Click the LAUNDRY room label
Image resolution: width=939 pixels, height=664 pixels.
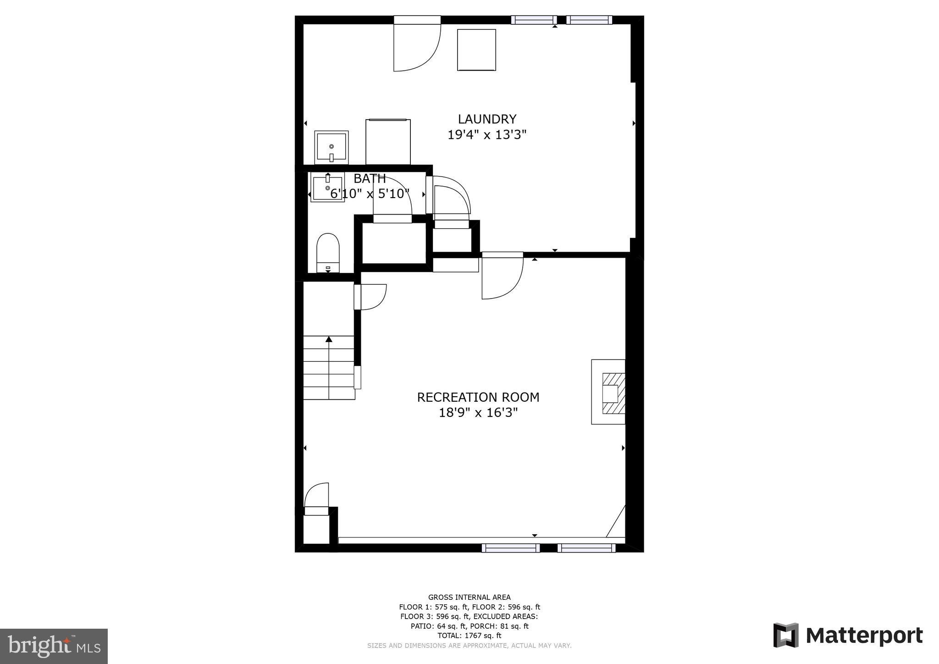[x=487, y=119]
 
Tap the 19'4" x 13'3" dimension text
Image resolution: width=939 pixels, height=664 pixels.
[x=487, y=135]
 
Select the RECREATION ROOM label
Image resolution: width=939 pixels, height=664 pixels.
[x=478, y=397]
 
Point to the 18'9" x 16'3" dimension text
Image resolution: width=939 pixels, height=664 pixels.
[x=478, y=413]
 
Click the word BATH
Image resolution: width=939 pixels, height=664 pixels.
[x=370, y=178]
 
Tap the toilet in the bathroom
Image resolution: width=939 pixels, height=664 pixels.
[x=328, y=253]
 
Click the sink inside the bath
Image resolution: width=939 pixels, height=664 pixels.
[x=327, y=188]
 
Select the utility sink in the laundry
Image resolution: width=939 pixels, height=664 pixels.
[x=331, y=147]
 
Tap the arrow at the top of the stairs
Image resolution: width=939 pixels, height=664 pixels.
[x=329, y=339]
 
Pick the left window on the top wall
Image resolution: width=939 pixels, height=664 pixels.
[x=533, y=20]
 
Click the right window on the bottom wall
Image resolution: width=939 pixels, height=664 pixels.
[x=586, y=548]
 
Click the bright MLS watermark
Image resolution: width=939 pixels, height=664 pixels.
[x=54, y=646]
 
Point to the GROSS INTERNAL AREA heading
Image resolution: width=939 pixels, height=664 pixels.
[x=469, y=597]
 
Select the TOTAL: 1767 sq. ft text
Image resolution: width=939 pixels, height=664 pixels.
[x=469, y=636]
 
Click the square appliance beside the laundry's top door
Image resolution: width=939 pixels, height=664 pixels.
[x=476, y=50]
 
